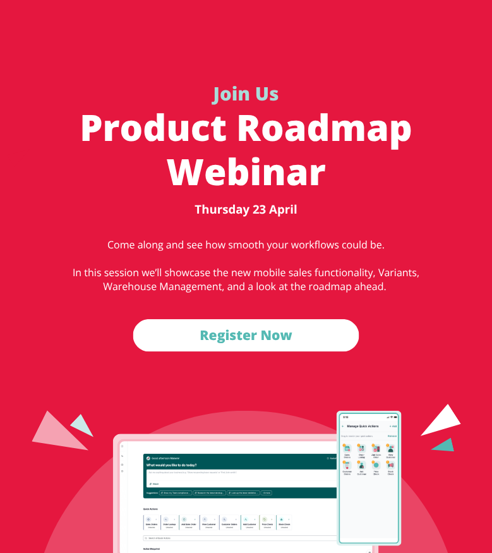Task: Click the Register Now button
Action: pyautogui.click(x=246, y=335)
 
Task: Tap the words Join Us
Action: pyautogui.click(x=246, y=94)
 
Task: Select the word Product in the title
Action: pyautogui.click(x=153, y=129)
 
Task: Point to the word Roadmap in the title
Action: pyautogui.click(x=324, y=129)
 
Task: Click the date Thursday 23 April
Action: pyautogui.click(x=246, y=209)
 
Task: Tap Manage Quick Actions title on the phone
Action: pyautogui.click(x=363, y=427)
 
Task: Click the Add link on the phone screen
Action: pyautogui.click(x=393, y=427)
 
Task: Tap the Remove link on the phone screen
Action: pyautogui.click(x=392, y=436)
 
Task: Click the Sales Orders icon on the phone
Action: pyautogui.click(x=347, y=448)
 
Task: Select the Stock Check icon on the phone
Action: pyautogui.click(x=390, y=466)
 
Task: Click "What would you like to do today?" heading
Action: pyautogui.click(x=171, y=465)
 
